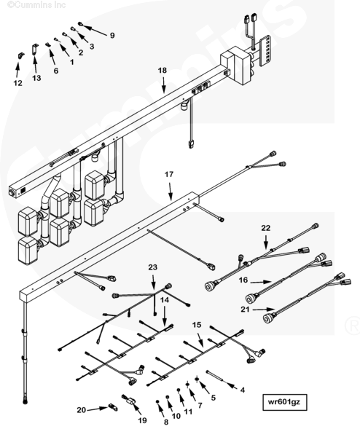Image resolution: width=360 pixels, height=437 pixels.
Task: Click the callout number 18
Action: tap(163, 70)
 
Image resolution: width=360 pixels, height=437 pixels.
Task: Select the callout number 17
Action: tap(169, 175)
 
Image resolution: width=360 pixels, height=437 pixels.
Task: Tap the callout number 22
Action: tap(266, 228)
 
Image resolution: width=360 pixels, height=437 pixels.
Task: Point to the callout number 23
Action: tap(153, 267)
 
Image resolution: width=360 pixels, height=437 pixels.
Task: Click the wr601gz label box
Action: tap(285, 402)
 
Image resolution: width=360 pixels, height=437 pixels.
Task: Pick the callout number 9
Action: tap(112, 36)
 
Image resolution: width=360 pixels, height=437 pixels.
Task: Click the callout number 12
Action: tap(17, 83)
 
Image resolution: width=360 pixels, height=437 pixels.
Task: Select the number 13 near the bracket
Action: tap(36, 78)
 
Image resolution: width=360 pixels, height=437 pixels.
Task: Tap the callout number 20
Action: tap(81, 410)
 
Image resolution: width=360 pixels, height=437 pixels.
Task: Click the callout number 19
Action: tap(143, 420)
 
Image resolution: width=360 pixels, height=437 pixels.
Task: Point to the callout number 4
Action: tap(243, 390)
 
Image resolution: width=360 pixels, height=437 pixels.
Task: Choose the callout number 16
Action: tap(243, 280)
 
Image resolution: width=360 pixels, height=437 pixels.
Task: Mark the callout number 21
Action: tap(245, 310)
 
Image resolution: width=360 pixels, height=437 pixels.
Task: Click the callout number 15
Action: tap(197, 325)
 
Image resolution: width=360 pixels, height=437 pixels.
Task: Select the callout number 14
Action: tap(165, 300)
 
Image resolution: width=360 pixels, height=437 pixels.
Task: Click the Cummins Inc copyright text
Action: tap(36, 4)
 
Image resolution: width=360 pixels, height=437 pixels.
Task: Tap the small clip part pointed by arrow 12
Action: tap(20, 56)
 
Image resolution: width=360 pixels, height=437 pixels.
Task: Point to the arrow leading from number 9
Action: tap(95, 30)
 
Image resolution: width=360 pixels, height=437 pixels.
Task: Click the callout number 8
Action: tap(166, 422)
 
